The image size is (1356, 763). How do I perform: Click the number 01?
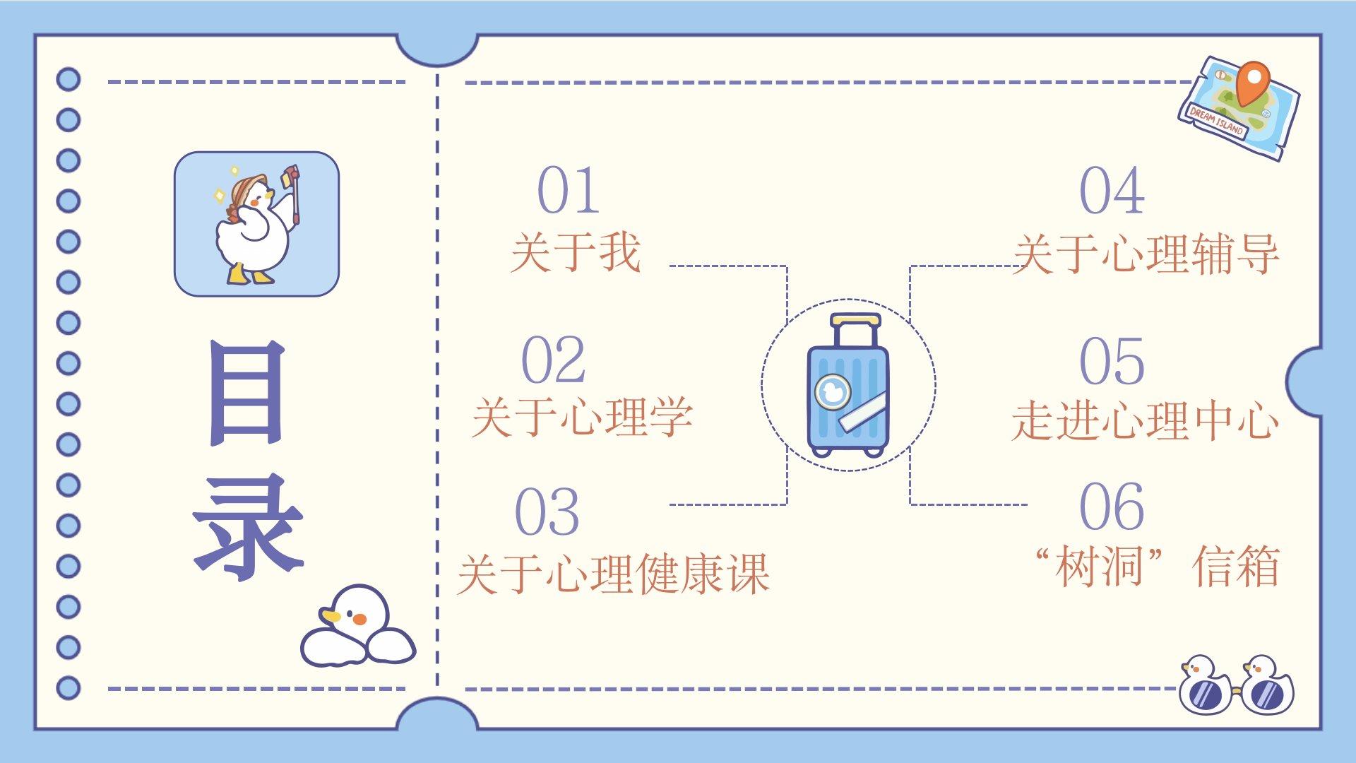click(x=569, y=190)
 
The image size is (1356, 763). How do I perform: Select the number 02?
click(x=553, y=360)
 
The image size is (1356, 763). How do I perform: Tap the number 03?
click(x=547, y=511)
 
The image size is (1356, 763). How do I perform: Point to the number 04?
click(x=1112, y=190)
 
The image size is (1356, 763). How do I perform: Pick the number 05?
click(x=1112, y=362)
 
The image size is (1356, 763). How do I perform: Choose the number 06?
click(x=1112, y=506)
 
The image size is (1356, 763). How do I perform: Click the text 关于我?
click(x=576, y=252)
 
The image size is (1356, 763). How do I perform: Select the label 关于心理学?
click(x=582, y=417)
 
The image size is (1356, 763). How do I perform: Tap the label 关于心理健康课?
click(x=613, y=574)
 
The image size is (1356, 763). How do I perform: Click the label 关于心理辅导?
click(x=1146, y=254)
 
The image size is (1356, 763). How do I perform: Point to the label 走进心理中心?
click(x=1145, y=421)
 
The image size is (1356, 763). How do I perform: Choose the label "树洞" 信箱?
click(x=1157, y=567)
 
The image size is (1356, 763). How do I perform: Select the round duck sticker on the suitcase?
click(x=833, y=391)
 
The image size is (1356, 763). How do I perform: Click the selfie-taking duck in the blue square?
click(x=256, y=224)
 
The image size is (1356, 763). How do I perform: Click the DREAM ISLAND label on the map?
click(x=1216, y=122)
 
